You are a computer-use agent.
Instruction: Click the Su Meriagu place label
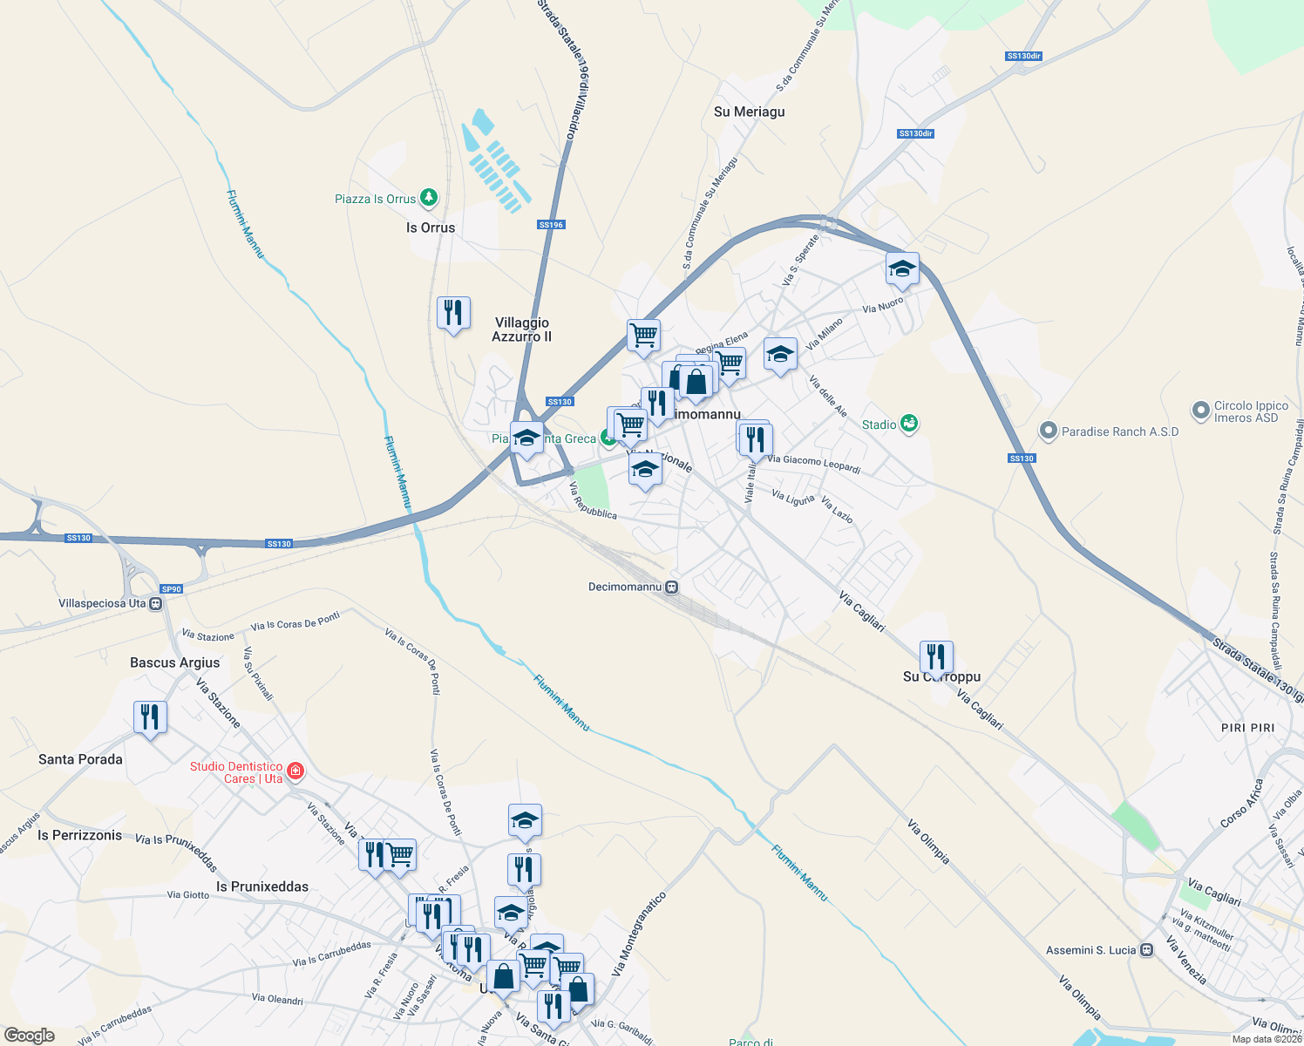pos(749,112)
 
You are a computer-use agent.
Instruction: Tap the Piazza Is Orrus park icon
pos(428,198)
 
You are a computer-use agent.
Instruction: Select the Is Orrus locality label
pos(431,228)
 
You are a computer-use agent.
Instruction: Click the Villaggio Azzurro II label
pos(521,329)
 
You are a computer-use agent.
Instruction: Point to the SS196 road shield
pos(551,225)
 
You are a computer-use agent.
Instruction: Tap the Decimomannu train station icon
pos(671,587)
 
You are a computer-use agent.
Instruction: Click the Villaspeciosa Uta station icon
pos(156,603)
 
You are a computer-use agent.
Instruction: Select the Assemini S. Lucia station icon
pos(1147,950)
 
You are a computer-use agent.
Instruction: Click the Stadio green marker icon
pos(910,424)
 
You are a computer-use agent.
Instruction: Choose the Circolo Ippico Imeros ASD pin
pos(1201,409)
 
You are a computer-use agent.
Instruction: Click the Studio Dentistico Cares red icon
pos(295,771)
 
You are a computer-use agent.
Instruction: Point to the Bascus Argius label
pos(174,662)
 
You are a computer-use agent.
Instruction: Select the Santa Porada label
pos(80,759)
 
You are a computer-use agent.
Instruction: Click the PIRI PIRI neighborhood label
pos(1247,728)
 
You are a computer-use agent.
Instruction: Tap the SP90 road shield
pos(171,589)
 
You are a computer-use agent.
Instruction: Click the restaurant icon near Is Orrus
pos(453,312)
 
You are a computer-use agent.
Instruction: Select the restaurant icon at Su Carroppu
pos(936,655)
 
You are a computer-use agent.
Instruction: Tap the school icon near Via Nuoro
pos(902,268)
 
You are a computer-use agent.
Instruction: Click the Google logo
pos(30,1036)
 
